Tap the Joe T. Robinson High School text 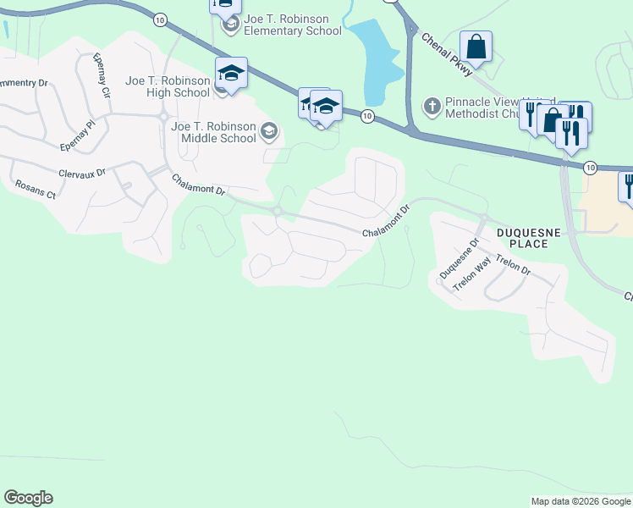click(x=167, y=86)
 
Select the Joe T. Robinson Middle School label click(x=213, y=132)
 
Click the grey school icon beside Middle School click(x=269, y=130)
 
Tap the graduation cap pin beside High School click(x=231, y=74)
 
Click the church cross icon click(x=432, y=106)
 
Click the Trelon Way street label click(x=471, y=275)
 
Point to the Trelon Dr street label click(x=513, y=265)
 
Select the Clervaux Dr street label click(x=81, y=173)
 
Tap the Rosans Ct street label click(x=35, y=190)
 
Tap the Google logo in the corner click(x=29, y=498)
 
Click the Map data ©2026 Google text click(x=580, y=501)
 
